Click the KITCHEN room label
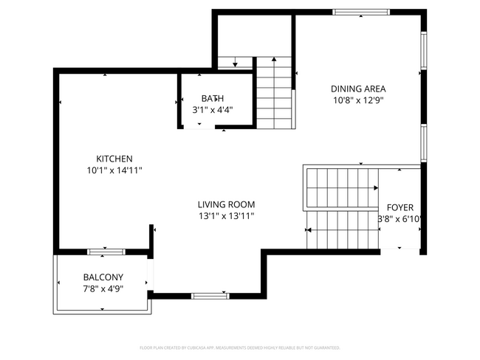(x=114, y=159)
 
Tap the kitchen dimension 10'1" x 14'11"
(x=114, y=170)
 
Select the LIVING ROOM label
(x=226, y=204)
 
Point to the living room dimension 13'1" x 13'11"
(x=226, y=216)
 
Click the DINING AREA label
(x=358, y=89)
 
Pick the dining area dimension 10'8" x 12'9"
(x=358, y=100)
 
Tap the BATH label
(x=213, y=98)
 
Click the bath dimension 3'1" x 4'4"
(x=213, y=110)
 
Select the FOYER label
(x=400, y=207)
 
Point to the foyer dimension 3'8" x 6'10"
(x=400, y=219)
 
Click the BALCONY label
(x=103, y=277)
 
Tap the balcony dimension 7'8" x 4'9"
(x=103, y=289)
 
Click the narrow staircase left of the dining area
(x=274, y=94)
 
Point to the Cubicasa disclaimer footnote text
(x=239, y=347)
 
